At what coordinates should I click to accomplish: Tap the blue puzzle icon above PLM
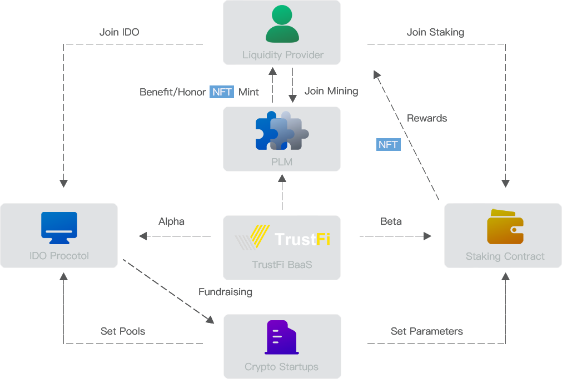coord(282,131)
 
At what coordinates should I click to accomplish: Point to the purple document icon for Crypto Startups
coord(281,337)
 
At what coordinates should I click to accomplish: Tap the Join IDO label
coord(119,32)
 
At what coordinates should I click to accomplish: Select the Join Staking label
coord(435,32)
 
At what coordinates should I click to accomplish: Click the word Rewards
coord(427,118)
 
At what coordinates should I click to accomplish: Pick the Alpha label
coord(171,221)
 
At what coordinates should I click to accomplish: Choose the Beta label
coord(391,221)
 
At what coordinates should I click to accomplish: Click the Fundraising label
coord(225,292)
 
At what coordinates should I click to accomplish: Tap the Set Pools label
coord(123,331)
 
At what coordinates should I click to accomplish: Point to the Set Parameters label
coord(427,331)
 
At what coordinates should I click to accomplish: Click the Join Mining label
coord(331,91)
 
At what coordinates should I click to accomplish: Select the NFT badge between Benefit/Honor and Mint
coord(222,92)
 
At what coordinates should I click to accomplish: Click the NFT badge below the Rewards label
coord(388,145)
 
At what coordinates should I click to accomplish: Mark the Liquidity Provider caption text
coord(283,55)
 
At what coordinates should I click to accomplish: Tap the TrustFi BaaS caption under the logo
coord(282,265)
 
